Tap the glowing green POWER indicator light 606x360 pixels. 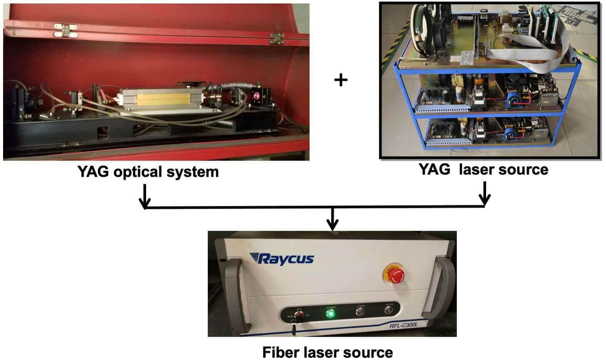[x=330, y=313]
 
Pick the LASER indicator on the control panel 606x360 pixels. [x=361, y=311]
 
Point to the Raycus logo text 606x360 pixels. [x=281, y=259]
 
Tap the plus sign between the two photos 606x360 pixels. [x=341, y=80]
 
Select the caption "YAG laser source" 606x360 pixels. [x=483, y=170]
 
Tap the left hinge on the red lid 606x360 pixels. [x=66, y=30]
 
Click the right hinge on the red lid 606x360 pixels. [x=276, y=38]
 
